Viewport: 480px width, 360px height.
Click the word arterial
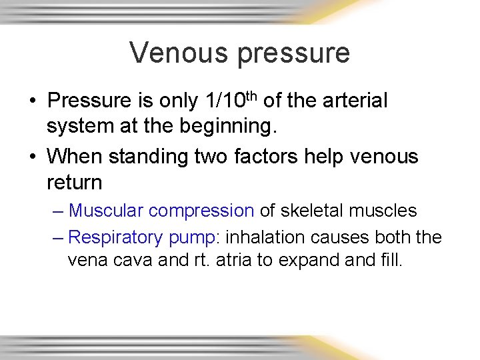[x=353, y=101]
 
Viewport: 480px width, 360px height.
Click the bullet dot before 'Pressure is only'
[x=32, y=102]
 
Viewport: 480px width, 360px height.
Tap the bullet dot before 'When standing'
[x=32, y=157]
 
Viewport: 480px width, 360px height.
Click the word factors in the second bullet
[x=258, y=157]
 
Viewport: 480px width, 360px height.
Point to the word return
[x=73, y=183]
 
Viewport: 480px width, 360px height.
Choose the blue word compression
[x=201, y=211]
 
